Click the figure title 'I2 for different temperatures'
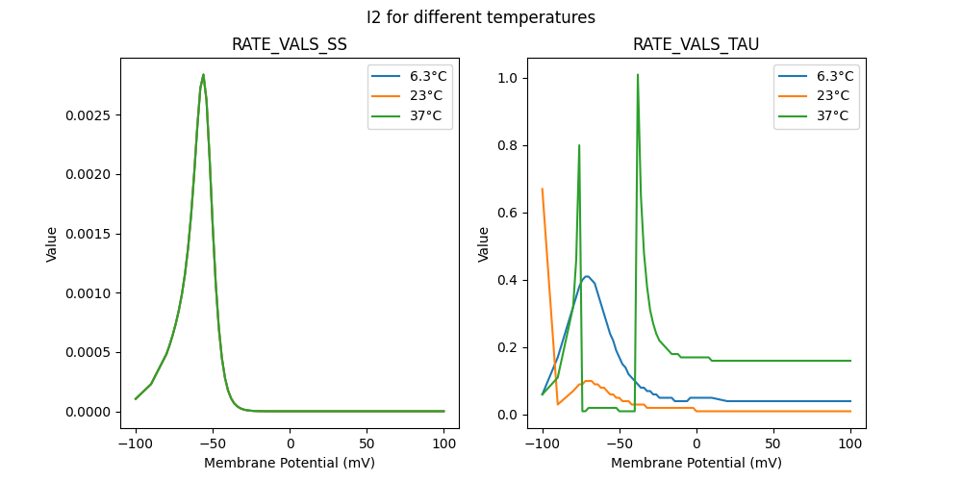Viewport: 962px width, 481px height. click(x=481, y=17)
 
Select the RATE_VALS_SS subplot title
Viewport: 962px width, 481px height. click(x=290, y=45)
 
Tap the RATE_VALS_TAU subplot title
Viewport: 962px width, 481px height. click(x=696, y=45)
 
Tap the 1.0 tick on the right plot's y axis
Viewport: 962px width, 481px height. click(x=506, y=78)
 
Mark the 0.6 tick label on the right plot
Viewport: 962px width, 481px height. click(x=506, y=213)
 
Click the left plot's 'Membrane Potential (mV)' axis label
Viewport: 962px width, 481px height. click(x=290, y=463)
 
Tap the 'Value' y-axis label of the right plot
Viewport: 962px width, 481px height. click(x=484, y=244)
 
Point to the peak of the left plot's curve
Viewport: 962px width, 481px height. click(x=203, y=74)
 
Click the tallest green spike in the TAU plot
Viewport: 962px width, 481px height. click(x=637, y=74)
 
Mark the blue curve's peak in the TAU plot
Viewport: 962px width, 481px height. click(x=587, y=276)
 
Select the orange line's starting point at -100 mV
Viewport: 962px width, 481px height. click(x=543, y=189)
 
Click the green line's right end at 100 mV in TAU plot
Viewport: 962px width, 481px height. click(x=850, y=361)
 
